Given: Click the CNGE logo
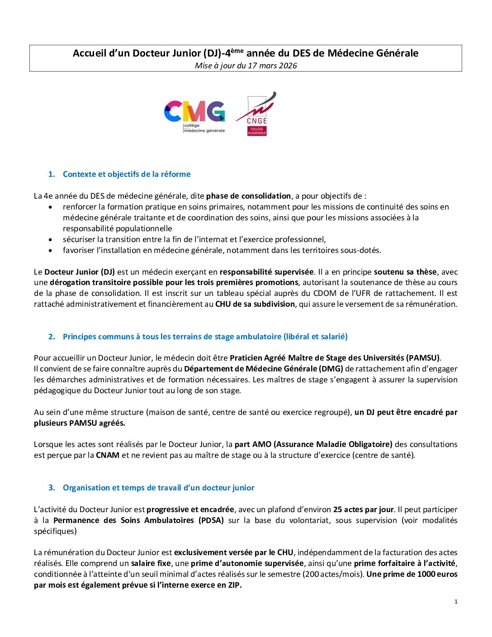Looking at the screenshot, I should point(256,114).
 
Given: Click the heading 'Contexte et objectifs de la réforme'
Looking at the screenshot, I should point(127,174).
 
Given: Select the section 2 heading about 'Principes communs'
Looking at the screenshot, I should point(205,337).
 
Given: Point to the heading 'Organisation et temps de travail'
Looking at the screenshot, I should point(158,488).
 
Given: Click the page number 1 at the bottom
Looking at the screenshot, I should point(456,601).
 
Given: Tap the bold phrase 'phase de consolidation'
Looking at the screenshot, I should point(248,196).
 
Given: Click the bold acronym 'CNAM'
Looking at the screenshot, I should point(108,455).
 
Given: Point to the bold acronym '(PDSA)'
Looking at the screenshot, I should point(211,520).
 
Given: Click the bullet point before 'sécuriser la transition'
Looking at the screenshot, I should point(51,240).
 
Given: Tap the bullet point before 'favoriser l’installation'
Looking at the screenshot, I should point(51,251).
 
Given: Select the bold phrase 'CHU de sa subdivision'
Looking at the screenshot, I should point(255,304).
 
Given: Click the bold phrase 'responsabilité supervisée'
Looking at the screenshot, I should point(266,272).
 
